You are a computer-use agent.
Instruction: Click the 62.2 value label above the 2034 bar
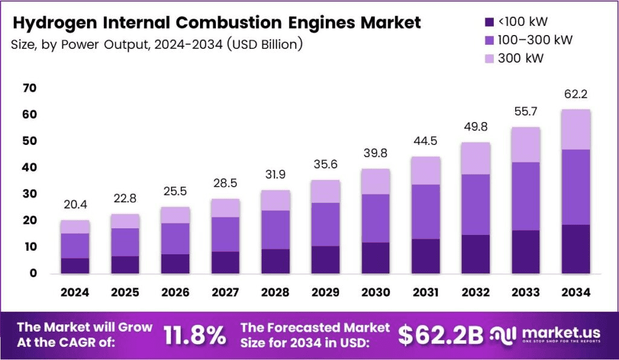575,95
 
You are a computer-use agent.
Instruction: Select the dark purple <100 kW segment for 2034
575,249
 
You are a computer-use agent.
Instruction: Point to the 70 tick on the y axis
30,88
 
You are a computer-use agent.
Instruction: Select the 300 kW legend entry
520,59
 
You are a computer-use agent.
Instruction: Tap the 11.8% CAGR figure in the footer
195,335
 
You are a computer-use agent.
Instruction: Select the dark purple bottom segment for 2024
75,265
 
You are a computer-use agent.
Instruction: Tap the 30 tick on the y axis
30,194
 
